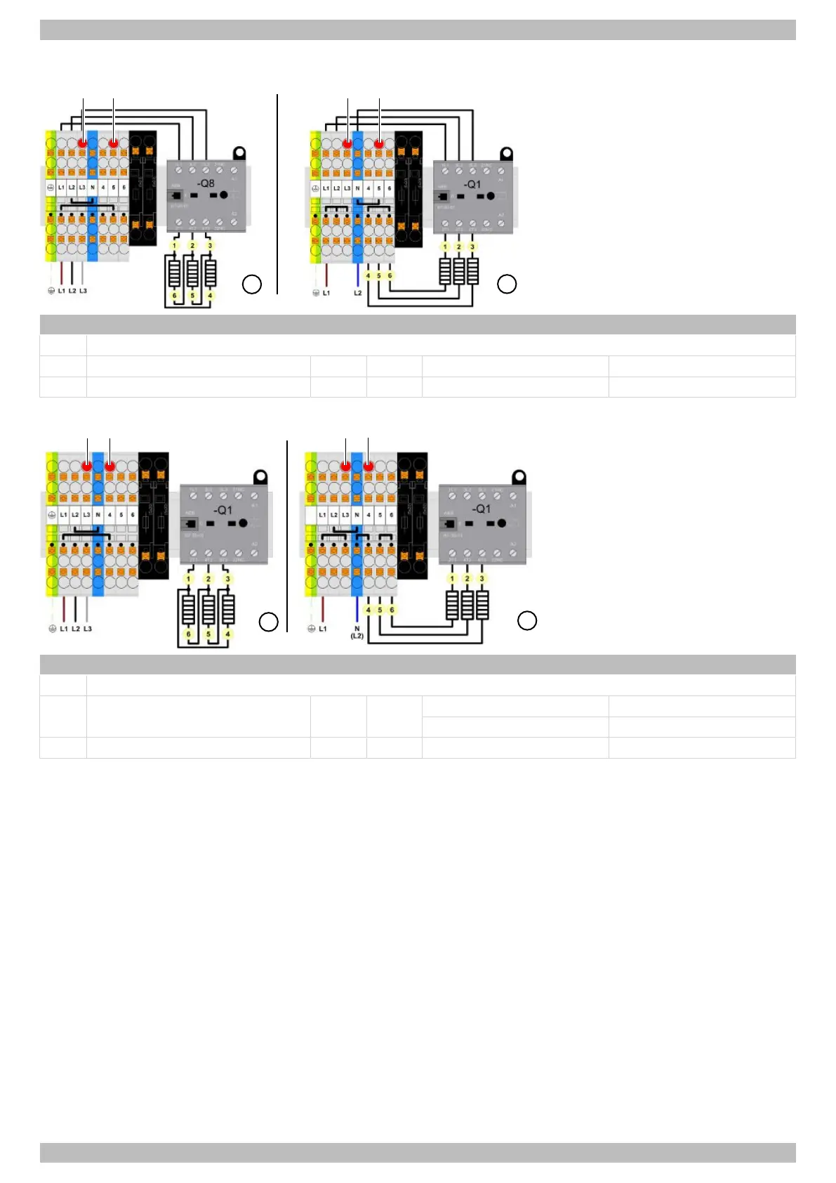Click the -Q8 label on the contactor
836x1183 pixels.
[206, 183]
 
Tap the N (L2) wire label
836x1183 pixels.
[357, 632]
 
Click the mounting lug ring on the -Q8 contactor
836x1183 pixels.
[239, 152]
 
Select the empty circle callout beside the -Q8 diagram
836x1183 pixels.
[252, 284]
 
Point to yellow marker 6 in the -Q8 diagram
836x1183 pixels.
[175, 296]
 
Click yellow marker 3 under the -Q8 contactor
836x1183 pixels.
[209, 246]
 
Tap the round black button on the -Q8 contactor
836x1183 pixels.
[224, 195]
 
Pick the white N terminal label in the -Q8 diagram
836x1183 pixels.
[93, 188]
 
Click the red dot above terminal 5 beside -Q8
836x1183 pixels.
[114, 143]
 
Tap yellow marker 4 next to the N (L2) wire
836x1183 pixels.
[368, 610]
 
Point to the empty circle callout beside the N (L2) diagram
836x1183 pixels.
[527, 620]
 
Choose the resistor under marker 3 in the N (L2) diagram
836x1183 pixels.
[482, 605]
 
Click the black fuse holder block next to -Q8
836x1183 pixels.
[143, 188]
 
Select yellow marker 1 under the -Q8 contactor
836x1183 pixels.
[175, 246]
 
